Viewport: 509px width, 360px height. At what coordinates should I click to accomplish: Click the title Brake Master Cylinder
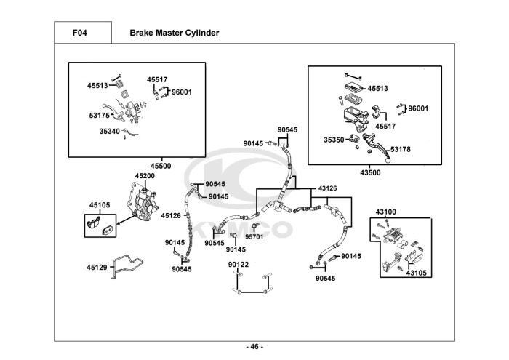tap(174, 33)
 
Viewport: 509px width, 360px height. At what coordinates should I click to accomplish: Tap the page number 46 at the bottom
tap(254, 346)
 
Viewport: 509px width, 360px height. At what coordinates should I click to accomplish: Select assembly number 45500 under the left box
tap(160, 166)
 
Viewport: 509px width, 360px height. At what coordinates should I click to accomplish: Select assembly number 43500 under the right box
tap(370, 172)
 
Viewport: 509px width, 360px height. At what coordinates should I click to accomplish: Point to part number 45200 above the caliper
tap(145, 176)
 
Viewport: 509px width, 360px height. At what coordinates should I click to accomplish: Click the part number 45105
tap(100, 206)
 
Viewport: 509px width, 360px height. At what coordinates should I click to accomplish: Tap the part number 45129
tap(97, 267)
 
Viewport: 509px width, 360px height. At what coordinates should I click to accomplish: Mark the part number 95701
tap(254, 236)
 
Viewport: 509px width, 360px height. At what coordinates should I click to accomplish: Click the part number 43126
tap(327, 188)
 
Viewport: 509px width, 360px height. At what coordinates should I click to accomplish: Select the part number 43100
tap(386, 212)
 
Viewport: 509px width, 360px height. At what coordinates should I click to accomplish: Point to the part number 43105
tap(416, 273)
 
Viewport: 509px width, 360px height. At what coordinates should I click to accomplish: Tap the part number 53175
tap(100, 114)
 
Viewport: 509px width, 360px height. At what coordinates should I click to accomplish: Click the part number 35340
tap(109, 132)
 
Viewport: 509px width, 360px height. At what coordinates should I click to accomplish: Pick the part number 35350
tap(334, 138)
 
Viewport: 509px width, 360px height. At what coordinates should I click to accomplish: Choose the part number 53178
tap(401, 149)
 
